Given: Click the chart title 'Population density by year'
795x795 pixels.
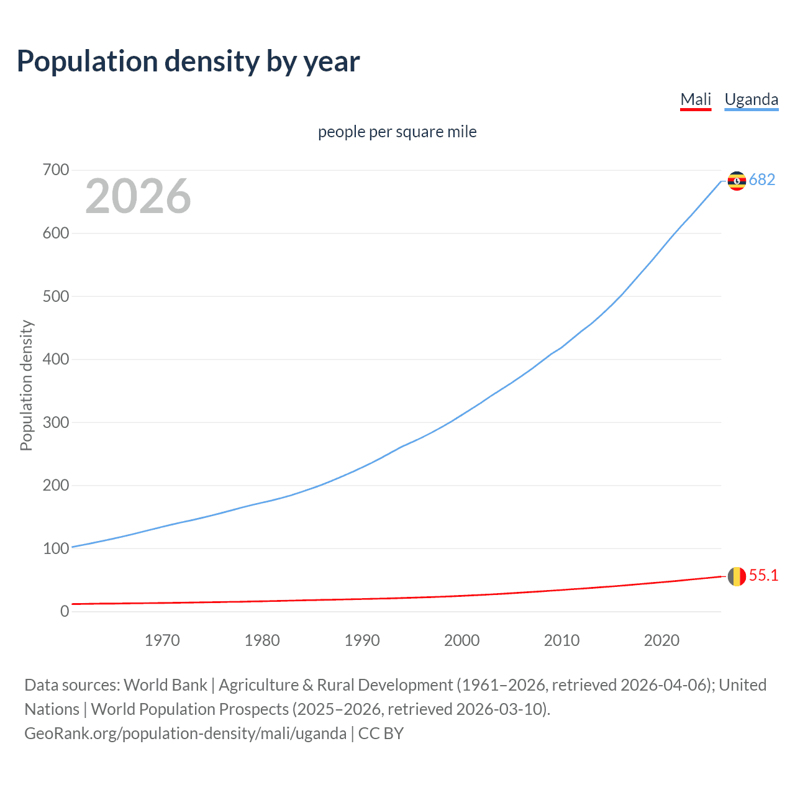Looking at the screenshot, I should pos(188,61).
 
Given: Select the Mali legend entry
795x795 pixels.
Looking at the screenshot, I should pos(696,99).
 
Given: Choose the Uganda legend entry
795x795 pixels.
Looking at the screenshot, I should pos(751,99).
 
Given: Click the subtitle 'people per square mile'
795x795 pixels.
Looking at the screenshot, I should pos(397,132).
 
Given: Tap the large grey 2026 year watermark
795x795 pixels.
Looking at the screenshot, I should pos(138,196).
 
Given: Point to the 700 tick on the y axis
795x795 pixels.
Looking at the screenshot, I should pos(56,170).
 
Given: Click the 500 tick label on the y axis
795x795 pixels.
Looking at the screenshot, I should pos(56,296).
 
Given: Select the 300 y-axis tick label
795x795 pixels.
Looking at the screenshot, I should pos(56,422).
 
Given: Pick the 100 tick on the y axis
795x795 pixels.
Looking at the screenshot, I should pos(56,548).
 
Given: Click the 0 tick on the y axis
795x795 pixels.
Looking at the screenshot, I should pos(65,611).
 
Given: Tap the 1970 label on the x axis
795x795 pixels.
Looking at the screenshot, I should pos(162,640).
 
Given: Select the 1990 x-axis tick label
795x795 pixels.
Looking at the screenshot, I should pos(362,640).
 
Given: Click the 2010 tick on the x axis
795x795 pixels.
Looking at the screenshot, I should pos(561,640).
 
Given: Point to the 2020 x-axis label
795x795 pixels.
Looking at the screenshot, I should pos(661,640).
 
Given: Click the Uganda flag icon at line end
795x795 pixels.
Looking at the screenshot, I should pos(737,181).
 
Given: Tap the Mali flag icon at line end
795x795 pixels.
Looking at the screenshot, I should pos(737,576).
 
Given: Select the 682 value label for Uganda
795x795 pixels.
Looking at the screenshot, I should pos(762,179).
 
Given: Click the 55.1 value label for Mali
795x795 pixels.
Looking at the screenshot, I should pos(763,576).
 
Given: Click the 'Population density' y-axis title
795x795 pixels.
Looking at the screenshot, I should pos(26,385).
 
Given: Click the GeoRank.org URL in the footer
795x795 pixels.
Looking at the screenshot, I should pos(185,734).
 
